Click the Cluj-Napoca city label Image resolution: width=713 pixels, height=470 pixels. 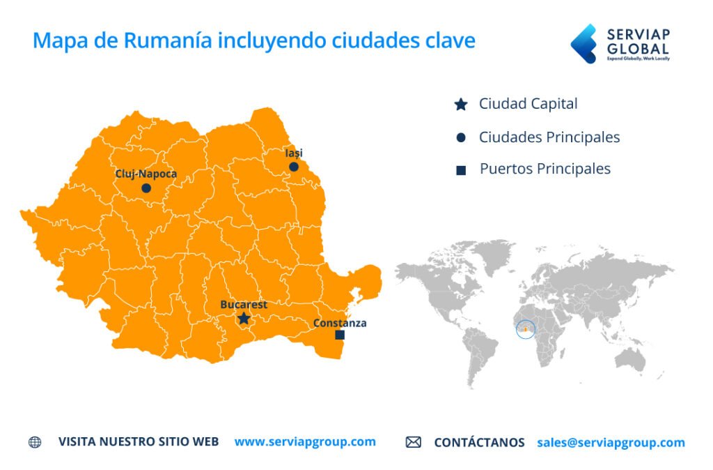pos(146,174)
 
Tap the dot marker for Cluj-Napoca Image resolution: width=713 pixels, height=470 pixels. pos(146,188)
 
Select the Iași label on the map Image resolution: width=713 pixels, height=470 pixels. pos(294,153)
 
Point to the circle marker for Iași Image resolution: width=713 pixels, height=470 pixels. pos(294,167)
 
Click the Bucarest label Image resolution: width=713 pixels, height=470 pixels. pos(244,305)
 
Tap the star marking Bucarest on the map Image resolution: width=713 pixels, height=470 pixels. pos(244,319)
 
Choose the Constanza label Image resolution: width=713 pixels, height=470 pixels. pos(340,323)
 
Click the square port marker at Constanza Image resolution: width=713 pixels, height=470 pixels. pos(340,335)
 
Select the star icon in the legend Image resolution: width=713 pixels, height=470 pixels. pos(460,105)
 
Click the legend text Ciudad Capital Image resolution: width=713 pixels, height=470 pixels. pos(528,105)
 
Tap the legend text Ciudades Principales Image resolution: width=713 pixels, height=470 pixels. pos(549,137)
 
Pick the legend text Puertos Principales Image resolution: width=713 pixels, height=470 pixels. pos(544,169)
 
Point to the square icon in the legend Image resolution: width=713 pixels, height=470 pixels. pos(461,170)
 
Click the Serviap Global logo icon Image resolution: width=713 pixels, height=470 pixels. pos(583,43)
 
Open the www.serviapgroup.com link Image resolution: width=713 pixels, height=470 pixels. pos(305,441)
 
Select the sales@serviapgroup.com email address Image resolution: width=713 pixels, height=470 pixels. pos(611,442)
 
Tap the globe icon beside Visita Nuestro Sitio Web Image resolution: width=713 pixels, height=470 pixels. pos(35,442)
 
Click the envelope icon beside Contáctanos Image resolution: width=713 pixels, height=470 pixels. pos(414,442)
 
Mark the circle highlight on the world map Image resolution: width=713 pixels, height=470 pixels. pos(526,329)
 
